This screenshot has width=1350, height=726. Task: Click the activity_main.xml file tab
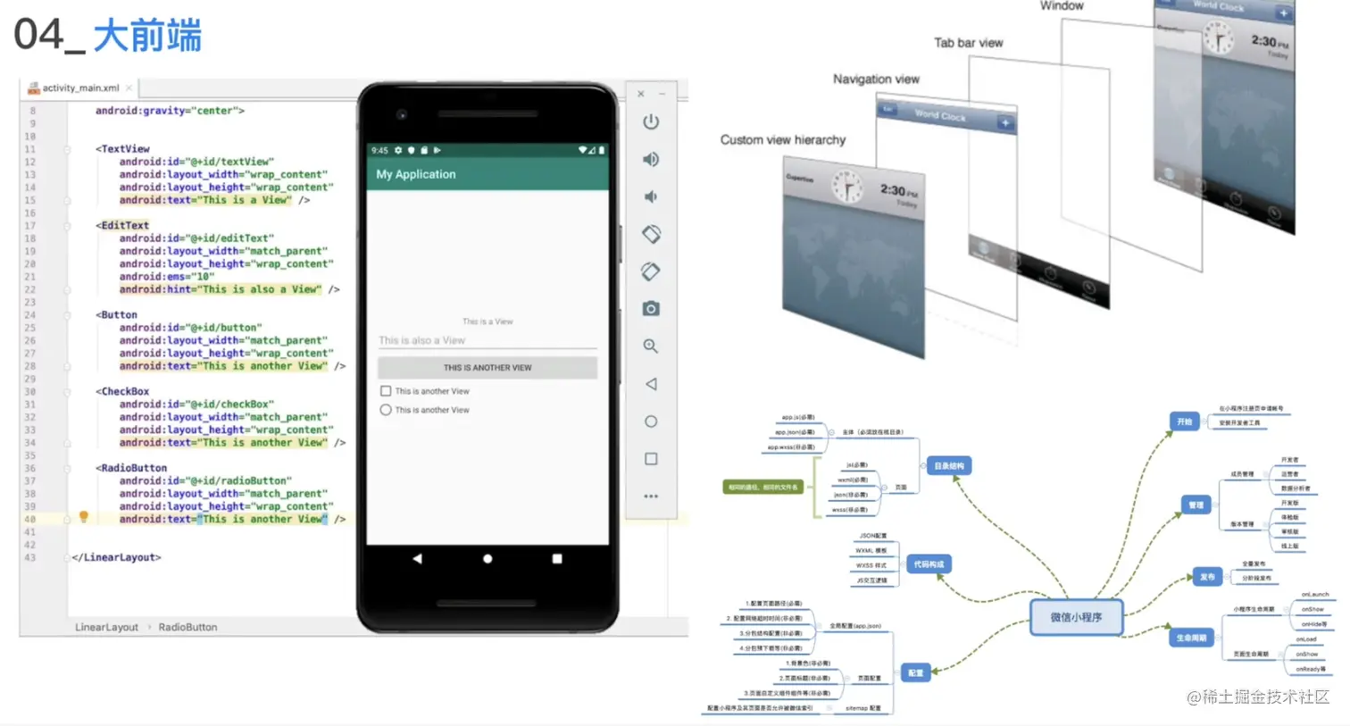click(79, 88)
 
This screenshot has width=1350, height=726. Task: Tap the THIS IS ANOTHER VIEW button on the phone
click(487, 368)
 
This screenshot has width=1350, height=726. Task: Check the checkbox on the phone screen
click(386, 391)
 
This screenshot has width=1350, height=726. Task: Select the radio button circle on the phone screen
click(386, 410)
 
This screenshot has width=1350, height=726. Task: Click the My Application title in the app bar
click(416, 174)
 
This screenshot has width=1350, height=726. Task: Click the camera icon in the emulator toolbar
click(651, 309)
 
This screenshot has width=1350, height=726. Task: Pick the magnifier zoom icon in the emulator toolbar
click(651, 346)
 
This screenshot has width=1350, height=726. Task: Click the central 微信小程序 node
click(1076, 617)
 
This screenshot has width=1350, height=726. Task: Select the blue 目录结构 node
click(948, 466)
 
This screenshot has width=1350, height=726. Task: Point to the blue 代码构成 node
click(929, 564)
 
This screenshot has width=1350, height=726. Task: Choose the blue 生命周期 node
click(1191, 638)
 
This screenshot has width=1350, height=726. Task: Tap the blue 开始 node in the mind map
click(1184, 421)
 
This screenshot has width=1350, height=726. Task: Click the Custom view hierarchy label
click(782, 140)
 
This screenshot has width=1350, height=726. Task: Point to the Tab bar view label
click(968, 43)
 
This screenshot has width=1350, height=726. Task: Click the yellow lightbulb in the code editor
click(84, 516)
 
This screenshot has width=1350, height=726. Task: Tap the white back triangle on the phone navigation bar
click(417, 559)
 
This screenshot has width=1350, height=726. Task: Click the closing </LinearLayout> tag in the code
click(117, 557)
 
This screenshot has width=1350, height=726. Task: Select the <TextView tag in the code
click(124, 149)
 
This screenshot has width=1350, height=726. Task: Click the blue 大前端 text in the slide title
click(147, 36)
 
